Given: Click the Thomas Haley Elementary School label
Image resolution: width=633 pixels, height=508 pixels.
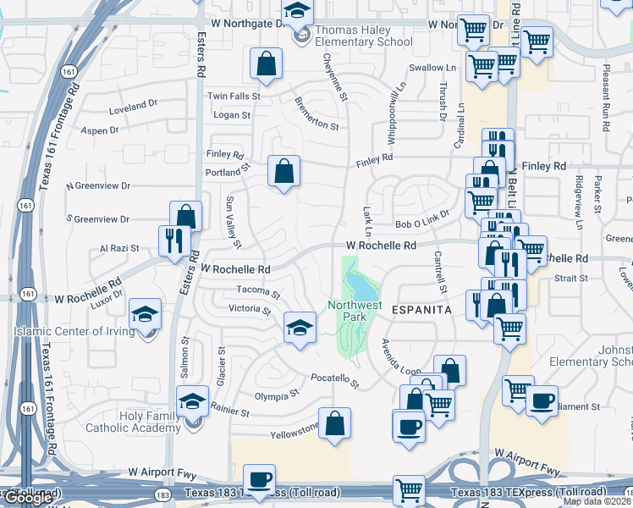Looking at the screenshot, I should coord(364,39).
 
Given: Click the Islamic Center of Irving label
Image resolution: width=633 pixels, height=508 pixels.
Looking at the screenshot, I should coord(74,331).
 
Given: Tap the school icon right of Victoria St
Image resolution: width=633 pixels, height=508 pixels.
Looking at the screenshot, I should coord(300,327).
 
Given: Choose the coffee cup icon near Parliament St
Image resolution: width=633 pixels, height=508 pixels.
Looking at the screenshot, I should coord(542,400).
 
